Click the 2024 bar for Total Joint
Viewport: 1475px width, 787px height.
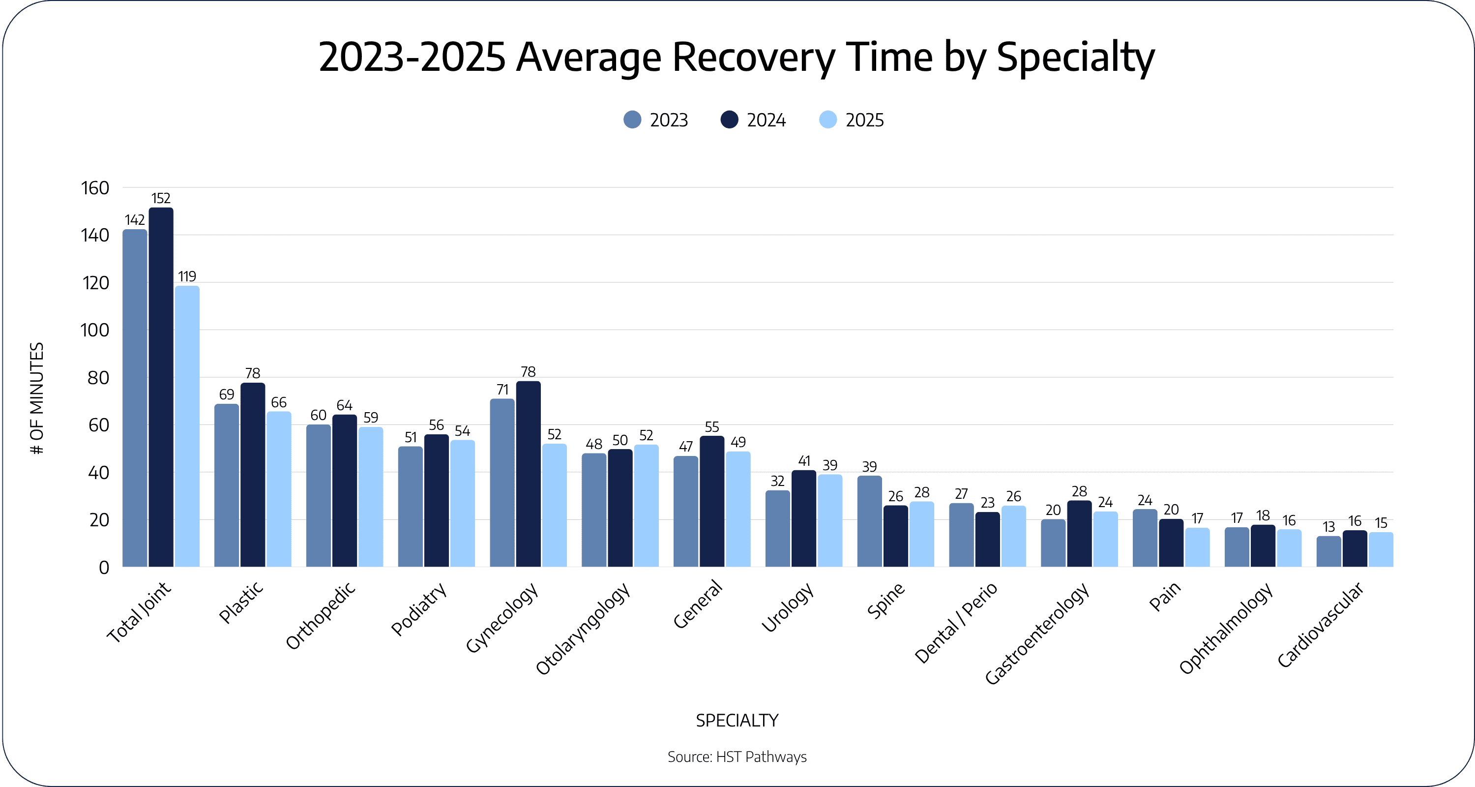(x=161, y=387)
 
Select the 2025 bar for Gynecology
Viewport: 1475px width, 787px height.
(x=554, y=505)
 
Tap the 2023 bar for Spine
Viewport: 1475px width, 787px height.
(x=869, y=521)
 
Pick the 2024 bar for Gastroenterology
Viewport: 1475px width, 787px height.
(x=1079, y=534)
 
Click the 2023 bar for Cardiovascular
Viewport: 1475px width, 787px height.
(x=1328, y=551)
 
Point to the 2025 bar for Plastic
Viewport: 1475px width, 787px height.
(x=279, y=489)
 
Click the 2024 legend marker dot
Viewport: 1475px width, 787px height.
(x=730, y=120)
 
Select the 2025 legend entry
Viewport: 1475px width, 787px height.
(x=852, y=120)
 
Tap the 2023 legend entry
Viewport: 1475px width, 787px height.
(x=655, y=120)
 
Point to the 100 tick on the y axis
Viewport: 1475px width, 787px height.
(x=95, y=331)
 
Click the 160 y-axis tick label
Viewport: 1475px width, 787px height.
(x=95, y=188)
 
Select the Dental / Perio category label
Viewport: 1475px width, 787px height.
(x=956, y=623)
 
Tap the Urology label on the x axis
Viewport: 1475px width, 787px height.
(x=788, y=607)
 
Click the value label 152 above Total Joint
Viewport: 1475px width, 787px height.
(x=161, y=198)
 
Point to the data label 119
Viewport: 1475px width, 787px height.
(x=187, y=276)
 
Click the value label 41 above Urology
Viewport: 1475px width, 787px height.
(x=804, y=460)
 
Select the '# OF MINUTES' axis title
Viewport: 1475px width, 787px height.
(x=37, y=398)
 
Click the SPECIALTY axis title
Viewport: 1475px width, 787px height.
(x=737, y=720)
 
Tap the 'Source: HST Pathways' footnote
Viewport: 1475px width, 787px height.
(x=737, y=757)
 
